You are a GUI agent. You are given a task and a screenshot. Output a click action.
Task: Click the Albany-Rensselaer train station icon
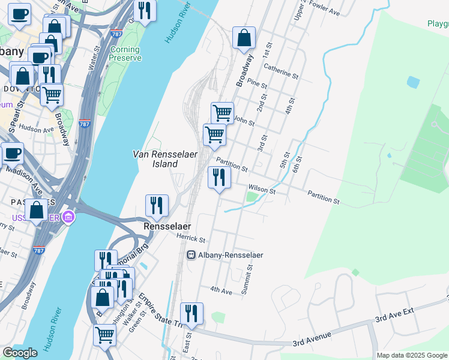pos(191,255)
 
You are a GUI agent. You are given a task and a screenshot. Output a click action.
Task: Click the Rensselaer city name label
pos(167,226)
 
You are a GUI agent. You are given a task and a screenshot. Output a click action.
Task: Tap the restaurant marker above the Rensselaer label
pos(157,206)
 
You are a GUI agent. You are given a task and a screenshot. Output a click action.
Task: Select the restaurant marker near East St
pos(191,314)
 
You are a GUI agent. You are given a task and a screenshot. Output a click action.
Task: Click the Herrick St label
pos(191,238)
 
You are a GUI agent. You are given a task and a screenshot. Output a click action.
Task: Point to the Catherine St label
pos(281,71)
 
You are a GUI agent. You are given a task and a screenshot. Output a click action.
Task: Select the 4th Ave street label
pos(221,290)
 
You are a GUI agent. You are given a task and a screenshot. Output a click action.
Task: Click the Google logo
pos(20,353)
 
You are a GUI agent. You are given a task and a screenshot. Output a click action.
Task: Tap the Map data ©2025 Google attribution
pos(412,355)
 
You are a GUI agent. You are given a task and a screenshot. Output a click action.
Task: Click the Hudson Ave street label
pos(37,128)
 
